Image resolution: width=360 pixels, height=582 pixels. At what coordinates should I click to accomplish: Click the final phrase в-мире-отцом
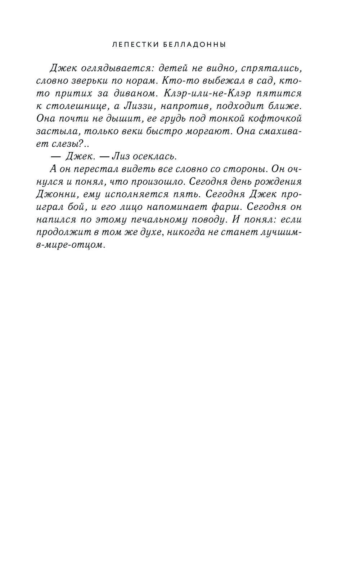pos(72,245)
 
